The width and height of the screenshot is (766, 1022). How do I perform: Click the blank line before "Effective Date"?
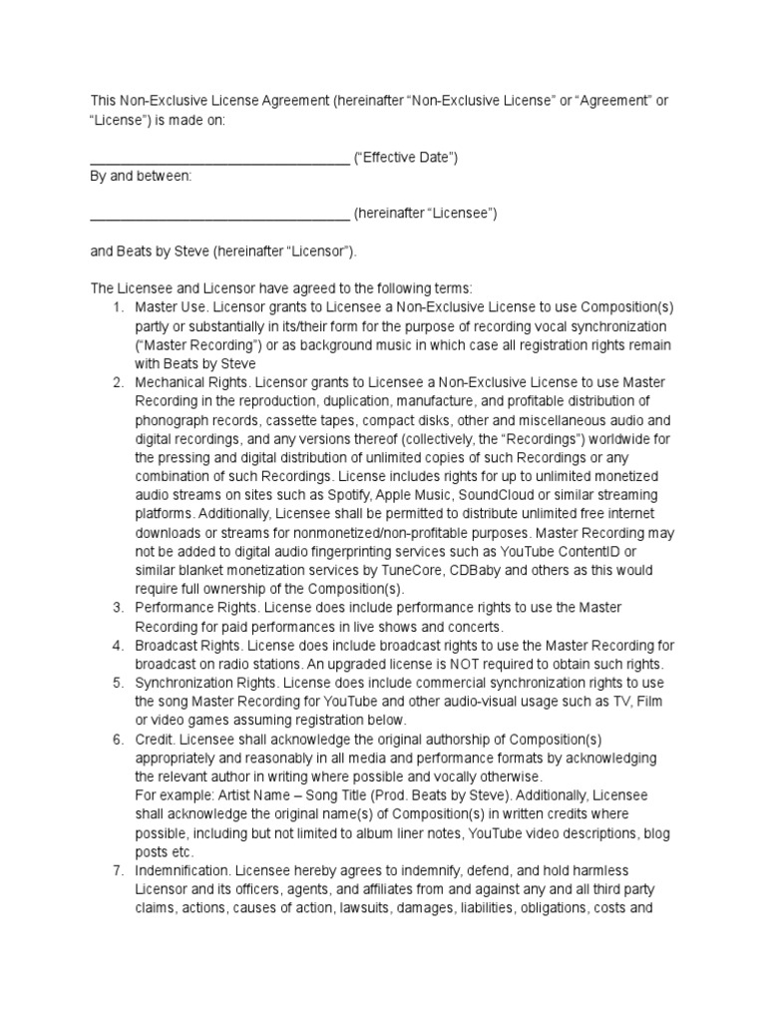(219, 158)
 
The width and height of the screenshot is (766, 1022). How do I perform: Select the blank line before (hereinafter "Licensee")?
(219, 214)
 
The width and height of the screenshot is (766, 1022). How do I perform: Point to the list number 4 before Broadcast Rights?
(117, 646)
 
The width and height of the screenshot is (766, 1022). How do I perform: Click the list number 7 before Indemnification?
(117, 870)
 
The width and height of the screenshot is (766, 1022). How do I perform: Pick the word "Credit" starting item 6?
(154, 740)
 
